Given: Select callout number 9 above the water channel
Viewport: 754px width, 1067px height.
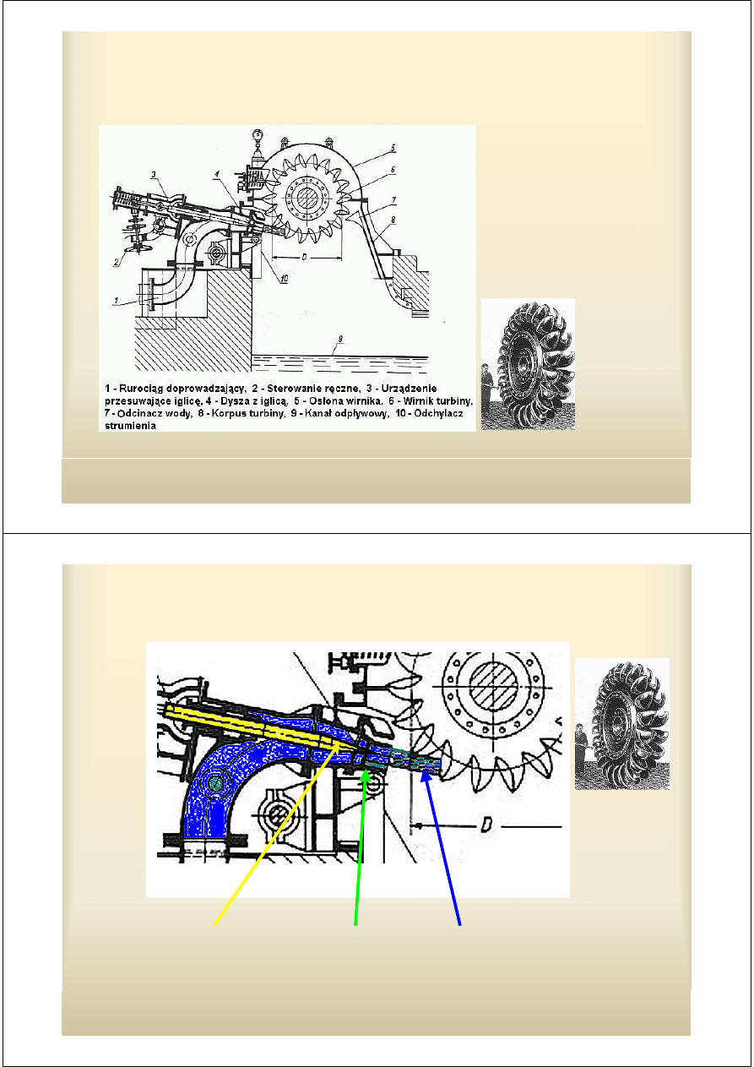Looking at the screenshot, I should pos(339,340).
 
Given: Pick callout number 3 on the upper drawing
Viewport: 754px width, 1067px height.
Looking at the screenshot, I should pos(155,174).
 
